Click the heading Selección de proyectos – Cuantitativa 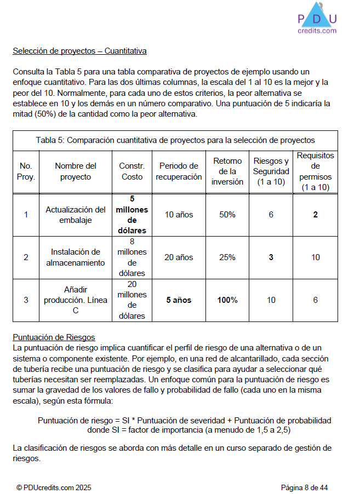point(79,51)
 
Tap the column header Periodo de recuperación point(179,171)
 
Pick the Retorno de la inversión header point(227,171)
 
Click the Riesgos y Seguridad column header point(271,171)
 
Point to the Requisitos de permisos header point(315,171)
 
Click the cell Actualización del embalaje point(76,215)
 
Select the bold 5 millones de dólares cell point(132,215)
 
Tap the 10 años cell point(179,215)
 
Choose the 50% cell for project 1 point(227,215)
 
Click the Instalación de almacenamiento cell point(76,257)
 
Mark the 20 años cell point(179,257)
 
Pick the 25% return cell point(227,257)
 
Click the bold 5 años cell point(179,300)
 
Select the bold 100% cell point(227,300)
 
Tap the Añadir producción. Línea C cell point(76,300)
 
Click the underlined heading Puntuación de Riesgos point(54,337)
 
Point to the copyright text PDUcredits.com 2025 point(54,487)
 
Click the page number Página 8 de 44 point(304,487)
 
